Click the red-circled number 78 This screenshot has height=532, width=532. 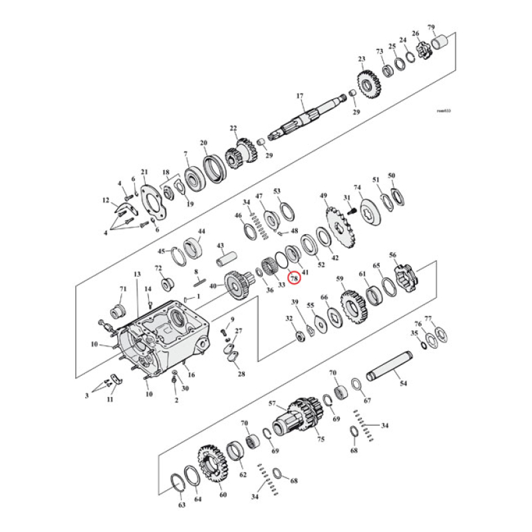click(294, 279)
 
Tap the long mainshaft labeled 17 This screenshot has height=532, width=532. click(313, 117)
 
